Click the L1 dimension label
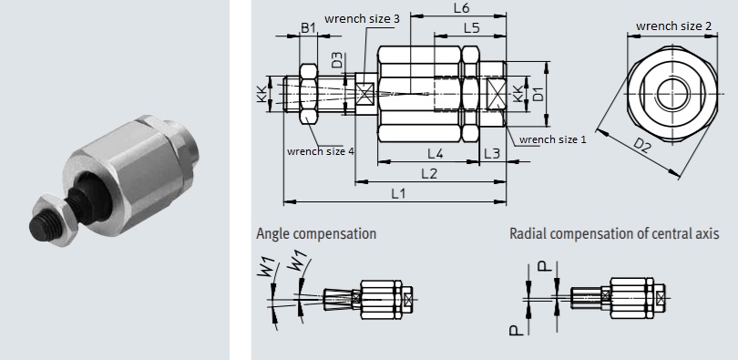[x=398, y=193]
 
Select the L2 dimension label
[x=429, y=174]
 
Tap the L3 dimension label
[x=492, y=153]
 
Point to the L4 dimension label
[x=436, y=153]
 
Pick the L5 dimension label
[x=472, y=28]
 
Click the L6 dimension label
[x=461, y=8]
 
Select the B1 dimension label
[x=308, y=27]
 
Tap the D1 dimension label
[x=538, y=93]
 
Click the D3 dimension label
[x=337, y=60]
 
